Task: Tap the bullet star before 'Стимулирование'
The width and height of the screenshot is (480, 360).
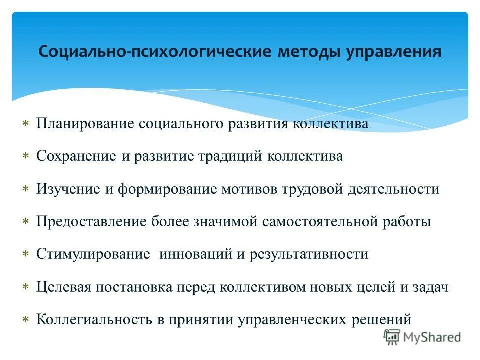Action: [x=26, y=254]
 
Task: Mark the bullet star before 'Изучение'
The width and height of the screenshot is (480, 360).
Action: [x=26, y=189]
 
